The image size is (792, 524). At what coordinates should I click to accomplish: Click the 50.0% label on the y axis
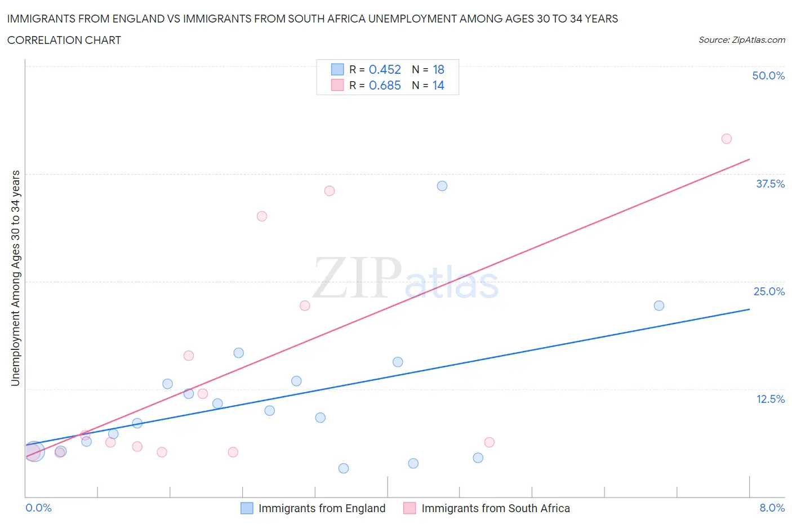click(x=768, y=76)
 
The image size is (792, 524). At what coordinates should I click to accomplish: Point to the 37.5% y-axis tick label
click(x=770, y=184)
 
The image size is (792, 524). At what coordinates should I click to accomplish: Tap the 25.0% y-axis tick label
click(x=769, y=291)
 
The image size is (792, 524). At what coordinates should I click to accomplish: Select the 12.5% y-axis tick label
click(x=770, y=399)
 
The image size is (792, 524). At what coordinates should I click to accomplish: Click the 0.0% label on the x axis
click(x=39, y=508)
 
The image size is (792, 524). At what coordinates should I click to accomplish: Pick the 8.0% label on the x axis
click(x=772, y=508)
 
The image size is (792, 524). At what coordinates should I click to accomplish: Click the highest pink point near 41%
click(x=727, y=139)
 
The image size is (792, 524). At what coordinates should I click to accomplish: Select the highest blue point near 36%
click(x=442, y=186)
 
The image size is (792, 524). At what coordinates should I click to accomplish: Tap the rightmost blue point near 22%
click(x=659, y=305)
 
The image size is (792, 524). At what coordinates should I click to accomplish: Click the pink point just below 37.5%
click(x=330, y=191)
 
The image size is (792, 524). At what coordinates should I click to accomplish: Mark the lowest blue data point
click(x=344, y=468)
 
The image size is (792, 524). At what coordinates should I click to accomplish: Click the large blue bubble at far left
click(x=34, y=451)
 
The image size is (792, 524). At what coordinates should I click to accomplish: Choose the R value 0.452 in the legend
click(x=385, y=69)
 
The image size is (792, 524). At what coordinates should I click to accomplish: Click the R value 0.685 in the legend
click(x=385, y=85)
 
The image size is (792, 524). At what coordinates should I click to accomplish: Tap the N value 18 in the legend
click(x=438, y=69)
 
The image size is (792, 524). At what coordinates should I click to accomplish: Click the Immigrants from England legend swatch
click(x=247, y=508)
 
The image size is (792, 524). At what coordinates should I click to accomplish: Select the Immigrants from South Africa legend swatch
click(x=410, y=508)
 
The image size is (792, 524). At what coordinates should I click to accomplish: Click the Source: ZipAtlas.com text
click(x=741, y=39)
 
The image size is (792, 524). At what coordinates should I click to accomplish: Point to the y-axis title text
click(x=15, y=278)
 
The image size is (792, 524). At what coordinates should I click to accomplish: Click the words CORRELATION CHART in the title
click(x=64, y=40)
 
